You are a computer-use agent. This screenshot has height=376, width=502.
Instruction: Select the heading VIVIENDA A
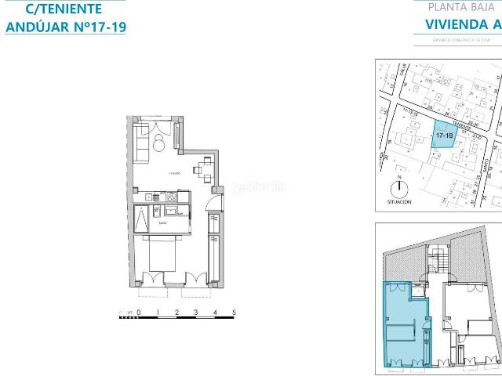462,23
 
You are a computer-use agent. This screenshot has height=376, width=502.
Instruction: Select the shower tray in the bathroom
141,222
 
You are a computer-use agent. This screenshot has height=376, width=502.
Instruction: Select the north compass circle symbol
399,189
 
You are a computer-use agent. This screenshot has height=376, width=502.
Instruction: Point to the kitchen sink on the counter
169,210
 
